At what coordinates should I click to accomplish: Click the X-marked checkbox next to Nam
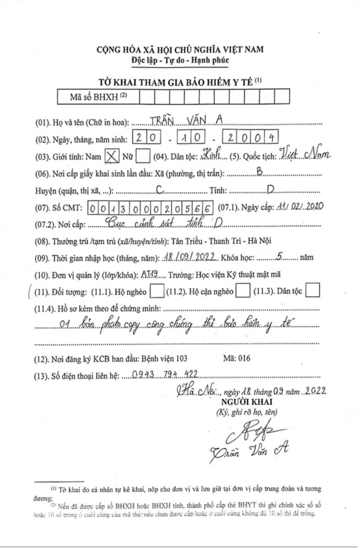[111, 156]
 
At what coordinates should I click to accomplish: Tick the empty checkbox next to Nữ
[142, 156]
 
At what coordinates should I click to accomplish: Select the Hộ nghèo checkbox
[157, 292]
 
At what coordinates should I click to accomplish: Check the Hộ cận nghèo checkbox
[243, 292]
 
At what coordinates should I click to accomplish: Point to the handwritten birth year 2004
[252, 137]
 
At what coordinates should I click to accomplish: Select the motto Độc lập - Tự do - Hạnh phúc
[180, 60]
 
